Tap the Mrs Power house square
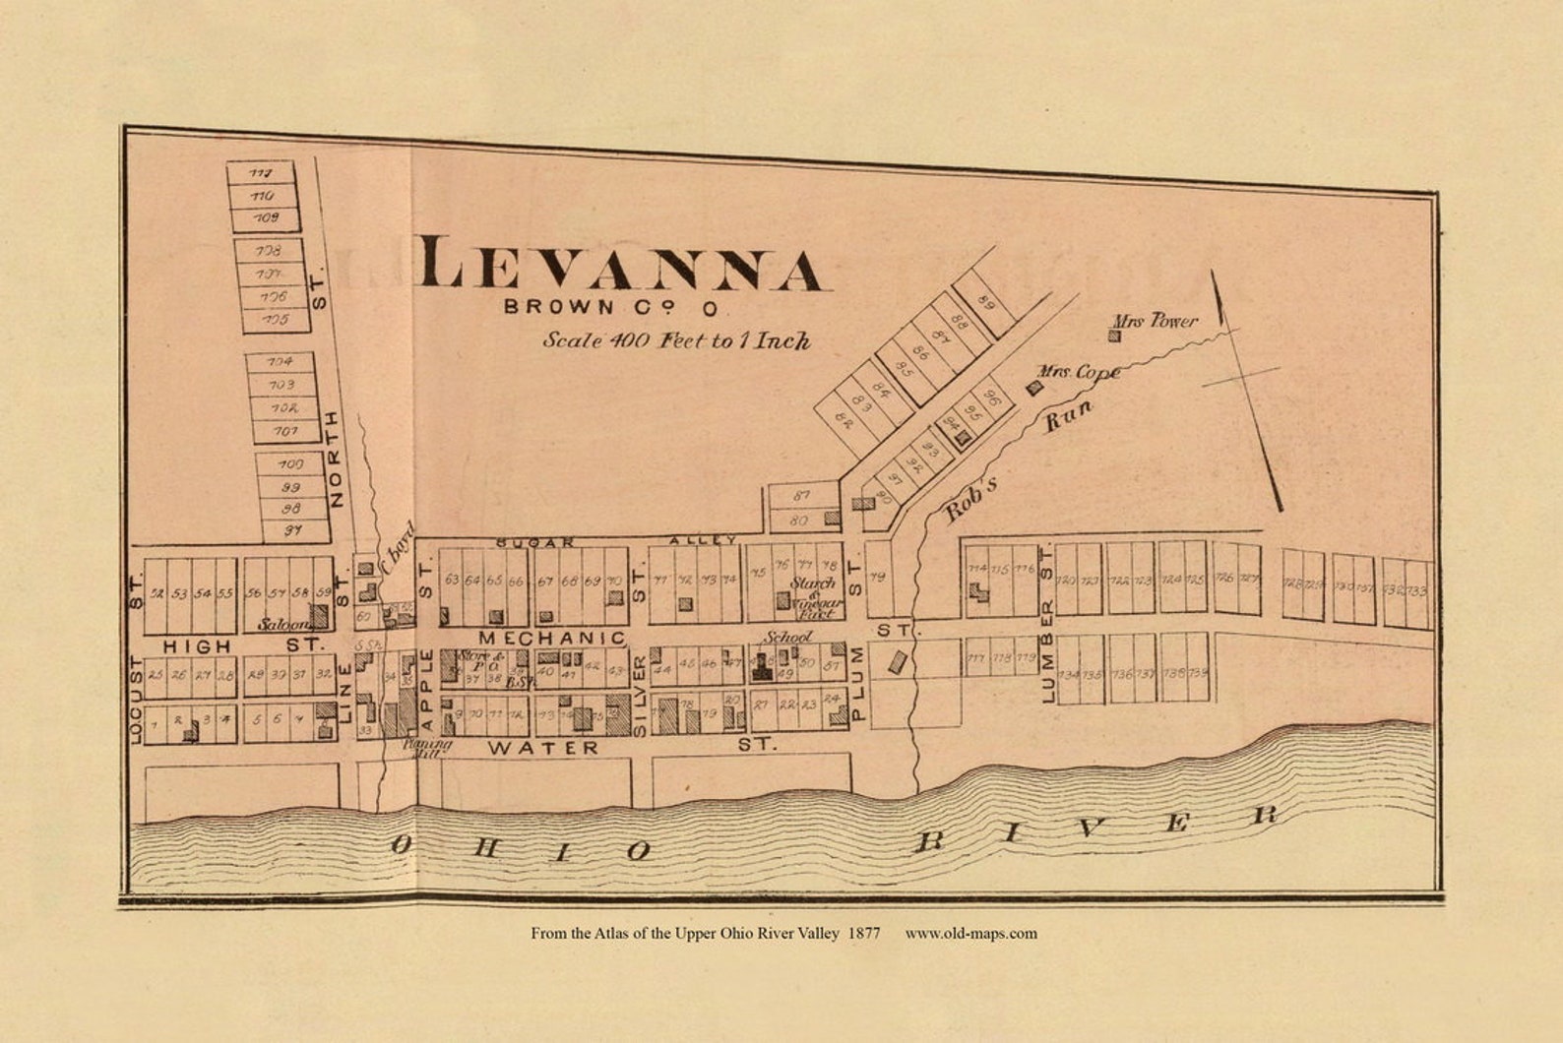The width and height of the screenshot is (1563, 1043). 1114,337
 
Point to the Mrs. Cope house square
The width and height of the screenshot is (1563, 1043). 1033,388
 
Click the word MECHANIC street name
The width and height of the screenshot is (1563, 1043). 552,638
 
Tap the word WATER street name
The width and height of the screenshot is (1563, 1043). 542,748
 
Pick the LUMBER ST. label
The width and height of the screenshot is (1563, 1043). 1047,635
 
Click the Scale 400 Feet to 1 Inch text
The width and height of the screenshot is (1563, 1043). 676,341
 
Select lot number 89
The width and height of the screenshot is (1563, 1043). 987,305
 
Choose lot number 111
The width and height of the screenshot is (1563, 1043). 260,173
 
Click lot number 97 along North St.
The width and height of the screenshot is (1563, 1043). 290,531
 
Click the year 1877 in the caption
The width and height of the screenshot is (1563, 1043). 861,933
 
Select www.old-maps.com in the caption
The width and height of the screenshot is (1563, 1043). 970,933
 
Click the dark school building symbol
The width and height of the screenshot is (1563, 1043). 762,669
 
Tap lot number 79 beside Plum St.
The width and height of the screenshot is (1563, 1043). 875,577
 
